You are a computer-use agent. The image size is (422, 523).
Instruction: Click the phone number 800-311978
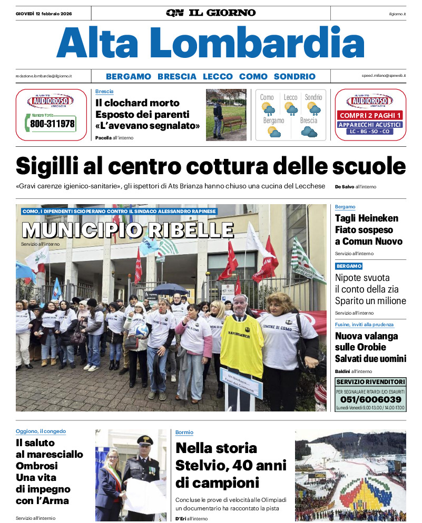[52, 125]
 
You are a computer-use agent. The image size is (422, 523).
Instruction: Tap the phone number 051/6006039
[370, 399]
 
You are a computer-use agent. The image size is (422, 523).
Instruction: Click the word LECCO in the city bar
[218, 76]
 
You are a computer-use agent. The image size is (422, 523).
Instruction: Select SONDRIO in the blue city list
[295, 76]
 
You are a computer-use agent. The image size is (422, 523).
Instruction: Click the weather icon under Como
[267, 109]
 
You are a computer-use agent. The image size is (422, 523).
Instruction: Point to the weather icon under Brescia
[309, 132]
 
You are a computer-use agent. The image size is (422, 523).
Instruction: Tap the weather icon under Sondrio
[313, 109]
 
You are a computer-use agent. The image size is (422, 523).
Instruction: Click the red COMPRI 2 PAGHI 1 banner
[370, 115]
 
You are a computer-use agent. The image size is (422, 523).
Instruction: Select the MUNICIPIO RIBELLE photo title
[127, 230]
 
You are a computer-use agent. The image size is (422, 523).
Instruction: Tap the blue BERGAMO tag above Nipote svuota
[349, 266]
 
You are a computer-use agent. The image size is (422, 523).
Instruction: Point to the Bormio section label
[184, 433]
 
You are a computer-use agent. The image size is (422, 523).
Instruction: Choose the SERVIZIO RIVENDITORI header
[370, 381]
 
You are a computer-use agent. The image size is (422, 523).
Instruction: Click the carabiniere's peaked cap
[144, 440]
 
